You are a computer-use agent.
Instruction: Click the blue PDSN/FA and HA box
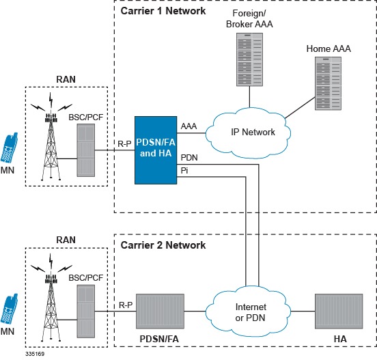pos(156,148)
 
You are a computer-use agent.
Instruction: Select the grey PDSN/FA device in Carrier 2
pos(160,311)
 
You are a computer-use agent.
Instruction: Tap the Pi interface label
pos(184,170)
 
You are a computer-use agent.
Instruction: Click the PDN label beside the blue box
pos(189,157)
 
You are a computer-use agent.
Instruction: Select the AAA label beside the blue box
pos(189,126)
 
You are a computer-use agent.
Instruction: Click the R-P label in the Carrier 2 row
pos(125,304)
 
